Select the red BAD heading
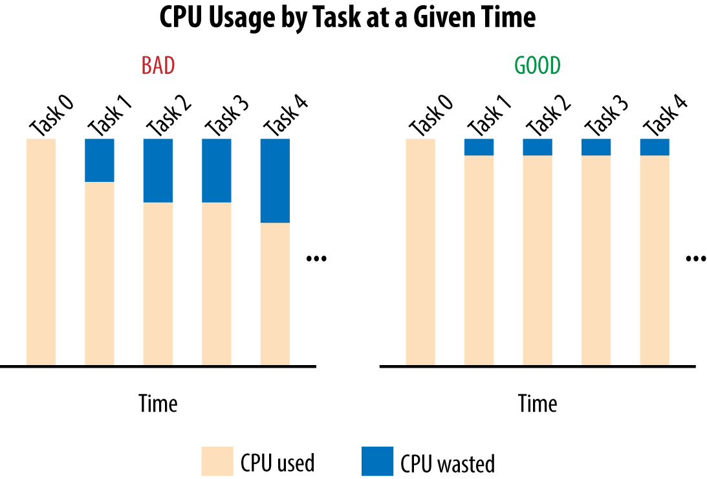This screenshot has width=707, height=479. (x=158, y=66)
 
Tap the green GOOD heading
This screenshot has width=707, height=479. (x=538, y=66)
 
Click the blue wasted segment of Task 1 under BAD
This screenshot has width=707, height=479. (x=100, y=161)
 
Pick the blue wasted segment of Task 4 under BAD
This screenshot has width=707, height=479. (x=275, y=181)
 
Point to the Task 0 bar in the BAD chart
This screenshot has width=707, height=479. (x=41, y=252)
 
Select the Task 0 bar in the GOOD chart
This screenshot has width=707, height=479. (x=420, y=252)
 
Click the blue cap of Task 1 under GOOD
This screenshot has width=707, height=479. (x=479, y=147)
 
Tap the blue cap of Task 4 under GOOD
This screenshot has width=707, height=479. (x=655, y=147)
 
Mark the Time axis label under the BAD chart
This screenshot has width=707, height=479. (x=158, y=404)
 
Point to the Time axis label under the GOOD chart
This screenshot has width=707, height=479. (x=538, y=404)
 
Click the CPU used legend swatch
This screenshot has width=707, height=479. (x=215, y=462)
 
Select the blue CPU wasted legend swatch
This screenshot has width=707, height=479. (x=375, y=462)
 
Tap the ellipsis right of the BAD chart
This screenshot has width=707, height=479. (x=317, y=259)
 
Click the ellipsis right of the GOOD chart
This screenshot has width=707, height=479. (x=696, y=259)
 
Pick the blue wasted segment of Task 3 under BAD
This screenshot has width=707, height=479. (x=217, y=170)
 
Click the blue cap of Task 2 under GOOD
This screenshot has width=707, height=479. (x=538, y=147)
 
